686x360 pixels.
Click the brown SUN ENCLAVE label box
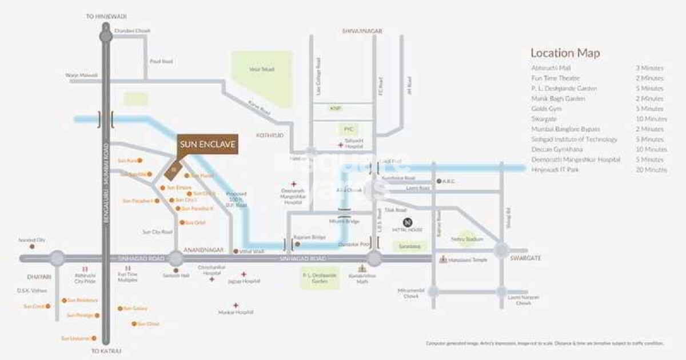(x=208, y=145)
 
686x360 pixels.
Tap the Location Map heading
(x=565, y=53)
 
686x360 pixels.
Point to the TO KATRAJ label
(x=106, y=350)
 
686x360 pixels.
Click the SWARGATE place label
(x=526, y=258)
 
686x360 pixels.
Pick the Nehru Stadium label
(x=466, y=239)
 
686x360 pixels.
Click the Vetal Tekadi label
(x=261, y=69)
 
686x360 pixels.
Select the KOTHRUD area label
(x=267, y=136)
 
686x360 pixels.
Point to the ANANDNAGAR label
(x=200, y=250)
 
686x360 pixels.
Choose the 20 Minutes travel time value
(x=651, y=170)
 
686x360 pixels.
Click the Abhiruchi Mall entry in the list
(x=547, y=68)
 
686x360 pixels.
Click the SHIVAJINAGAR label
(x=361, y=31)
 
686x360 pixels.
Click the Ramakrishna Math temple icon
(x=361, y=268)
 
